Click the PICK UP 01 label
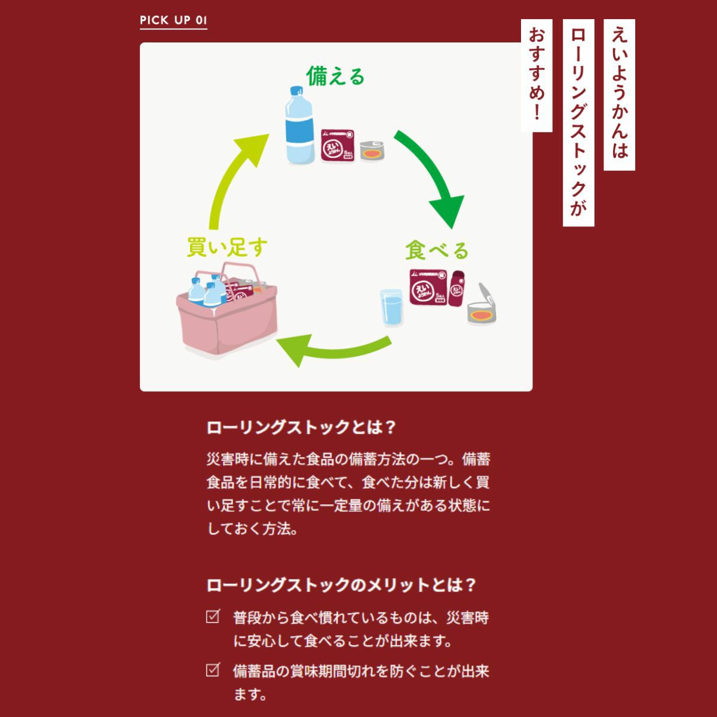pos(173,20)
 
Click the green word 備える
pos(335,76)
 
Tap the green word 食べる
pos(436,250)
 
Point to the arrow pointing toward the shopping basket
pos(332,350)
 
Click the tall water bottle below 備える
pos(298,125)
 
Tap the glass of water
pos(392,307)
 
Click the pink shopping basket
pos(228,317)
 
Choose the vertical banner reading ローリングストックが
pos(578,122)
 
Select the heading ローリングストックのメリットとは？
pos(341,584)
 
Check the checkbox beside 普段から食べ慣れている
pos(213,617)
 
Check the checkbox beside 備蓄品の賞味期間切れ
pos(213,670)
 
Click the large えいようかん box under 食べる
pos(428,287)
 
